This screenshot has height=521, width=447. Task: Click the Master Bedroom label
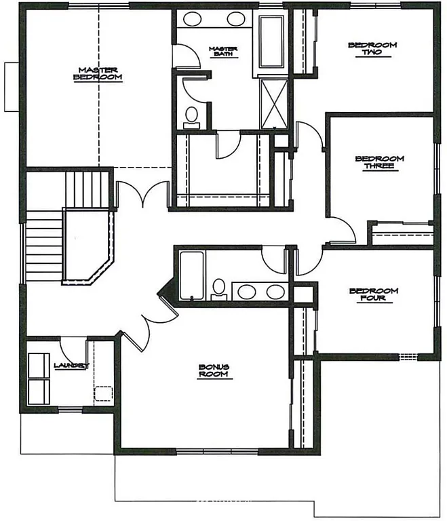tap(98, 74)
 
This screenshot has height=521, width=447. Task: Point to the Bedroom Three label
tap(379, 163)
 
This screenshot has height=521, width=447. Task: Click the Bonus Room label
tap(214, 371)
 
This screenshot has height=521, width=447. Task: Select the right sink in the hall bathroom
tap(275, 292)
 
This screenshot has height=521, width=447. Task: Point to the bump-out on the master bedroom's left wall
tap(11, 87)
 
